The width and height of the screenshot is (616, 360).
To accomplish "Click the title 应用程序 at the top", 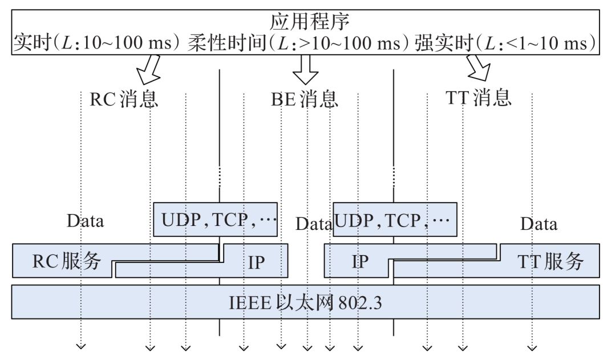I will point(309,21).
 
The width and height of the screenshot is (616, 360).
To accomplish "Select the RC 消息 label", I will point(124,99).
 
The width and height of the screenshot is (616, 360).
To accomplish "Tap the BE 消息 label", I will point(304,99).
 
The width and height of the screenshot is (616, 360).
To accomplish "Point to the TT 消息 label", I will point(477,98).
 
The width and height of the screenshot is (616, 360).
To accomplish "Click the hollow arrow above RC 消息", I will point(147,68).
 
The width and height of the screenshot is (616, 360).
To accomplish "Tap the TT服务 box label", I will point(550,261).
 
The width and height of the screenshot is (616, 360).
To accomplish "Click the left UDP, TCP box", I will point(216,220).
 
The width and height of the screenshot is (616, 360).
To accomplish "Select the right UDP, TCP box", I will point(395,220).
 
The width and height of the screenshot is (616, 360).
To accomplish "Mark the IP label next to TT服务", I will point(359,262).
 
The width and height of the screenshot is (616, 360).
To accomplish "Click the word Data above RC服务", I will point(85,221).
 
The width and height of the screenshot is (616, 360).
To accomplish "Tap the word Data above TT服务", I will point(538,224).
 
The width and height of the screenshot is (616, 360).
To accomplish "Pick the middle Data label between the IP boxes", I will point(313,224).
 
